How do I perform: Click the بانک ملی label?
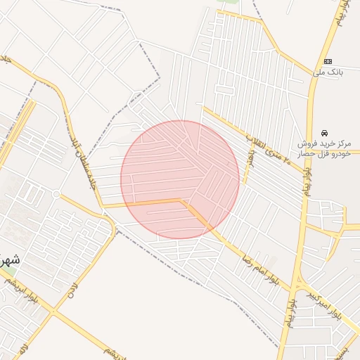click(328, 72)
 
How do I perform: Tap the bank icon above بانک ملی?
click(328, 61)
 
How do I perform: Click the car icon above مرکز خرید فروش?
click(323, 132)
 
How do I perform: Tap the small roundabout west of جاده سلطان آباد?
click(56, 194)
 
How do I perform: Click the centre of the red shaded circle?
click(180, 180)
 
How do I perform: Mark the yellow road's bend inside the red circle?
click(184, 202)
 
